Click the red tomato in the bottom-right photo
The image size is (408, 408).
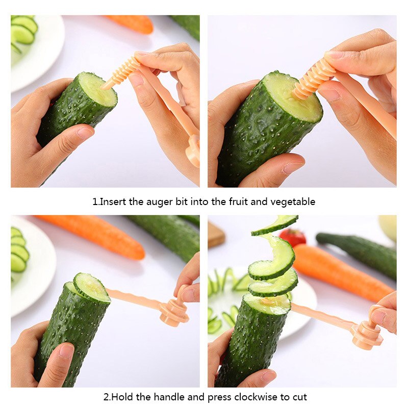point(293,237)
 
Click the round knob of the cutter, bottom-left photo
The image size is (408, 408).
point(173,312)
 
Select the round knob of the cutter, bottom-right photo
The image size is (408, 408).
point(367,335)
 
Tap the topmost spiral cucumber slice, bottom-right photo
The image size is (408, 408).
point(275,225)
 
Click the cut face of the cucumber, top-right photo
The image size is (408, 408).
point(293,97)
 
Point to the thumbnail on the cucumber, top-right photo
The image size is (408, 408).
point(293,167)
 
